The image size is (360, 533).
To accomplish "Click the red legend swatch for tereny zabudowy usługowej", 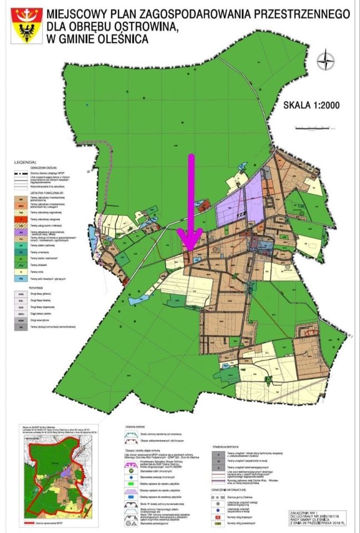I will click(21, 219).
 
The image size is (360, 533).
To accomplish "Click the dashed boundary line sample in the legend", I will click(21, 173).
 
